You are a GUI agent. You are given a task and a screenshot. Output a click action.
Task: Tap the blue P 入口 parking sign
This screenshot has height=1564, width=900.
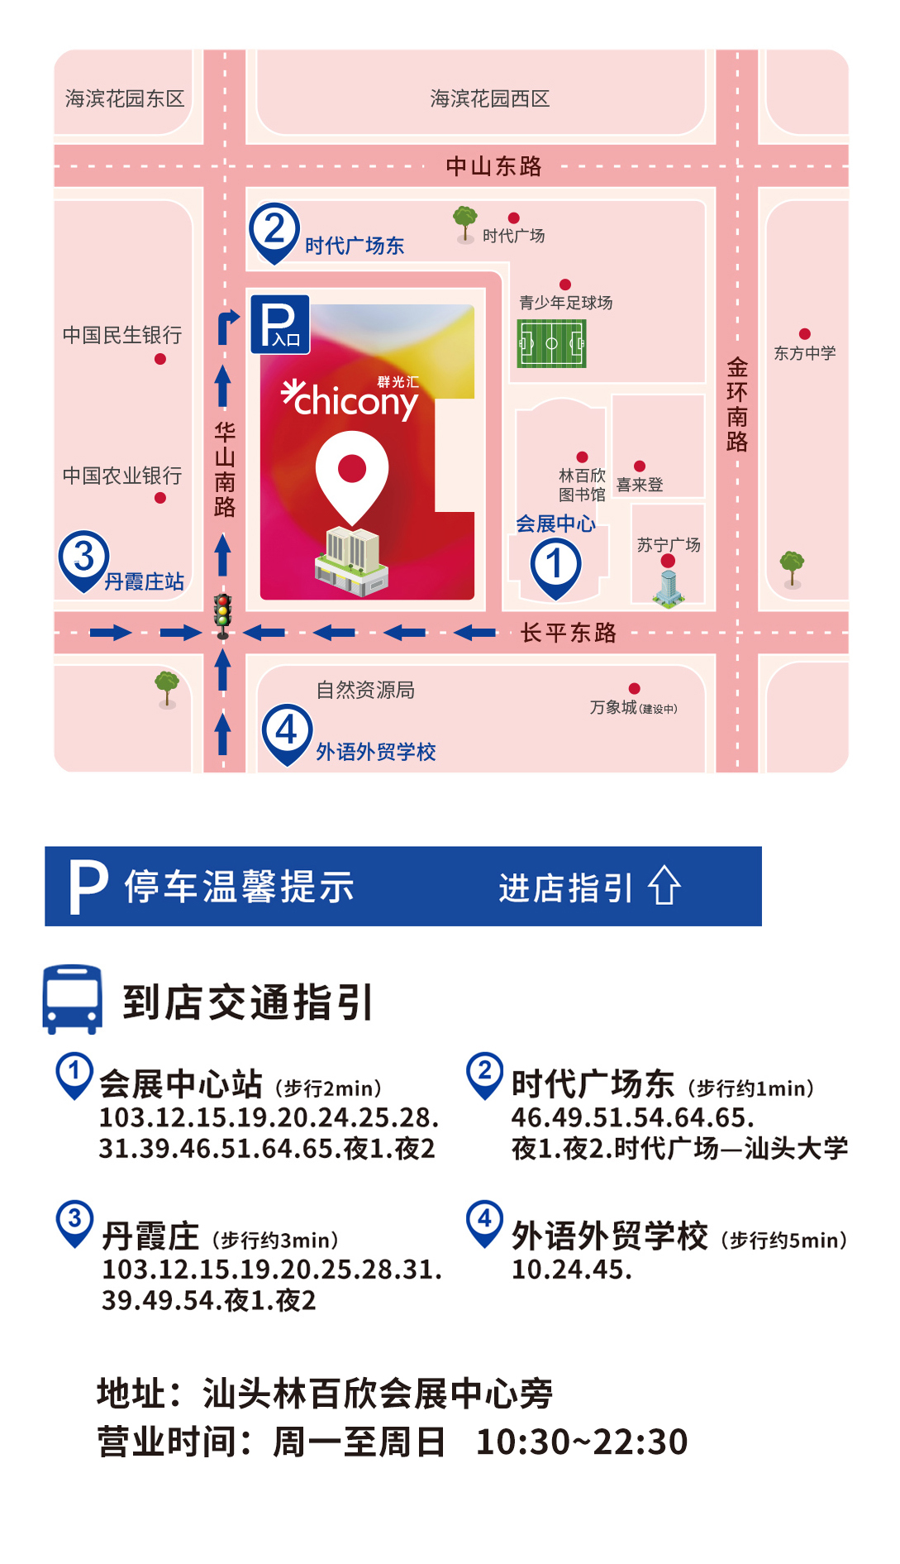click(280, 324)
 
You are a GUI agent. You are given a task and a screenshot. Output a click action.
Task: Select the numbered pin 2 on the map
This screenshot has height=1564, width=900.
click(274, 231)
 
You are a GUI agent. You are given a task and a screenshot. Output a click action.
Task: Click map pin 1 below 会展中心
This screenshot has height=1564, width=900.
click(555, 567)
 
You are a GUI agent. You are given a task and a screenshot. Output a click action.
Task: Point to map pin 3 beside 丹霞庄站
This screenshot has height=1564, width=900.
click(83, 559)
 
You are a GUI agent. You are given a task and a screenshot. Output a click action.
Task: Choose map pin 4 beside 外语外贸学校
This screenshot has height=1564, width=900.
click(287, 732)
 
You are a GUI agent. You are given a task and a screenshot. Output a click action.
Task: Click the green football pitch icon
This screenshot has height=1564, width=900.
click(551, 343)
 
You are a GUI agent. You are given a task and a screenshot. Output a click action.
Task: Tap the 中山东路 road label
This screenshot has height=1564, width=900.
click(493, 166)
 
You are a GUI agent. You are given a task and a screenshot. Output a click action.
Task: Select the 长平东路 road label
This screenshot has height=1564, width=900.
click(569, 633)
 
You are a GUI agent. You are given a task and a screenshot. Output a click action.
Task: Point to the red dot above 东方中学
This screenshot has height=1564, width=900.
click(805, 334)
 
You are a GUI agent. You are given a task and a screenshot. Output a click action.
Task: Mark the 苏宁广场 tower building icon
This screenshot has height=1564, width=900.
click(669, 586)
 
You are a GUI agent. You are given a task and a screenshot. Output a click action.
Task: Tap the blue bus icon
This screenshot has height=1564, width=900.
click(73, 998)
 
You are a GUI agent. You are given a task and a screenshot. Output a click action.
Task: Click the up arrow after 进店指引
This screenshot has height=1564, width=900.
click(664, 886)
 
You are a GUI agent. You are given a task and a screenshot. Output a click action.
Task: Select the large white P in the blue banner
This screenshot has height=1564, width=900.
click(88, 887)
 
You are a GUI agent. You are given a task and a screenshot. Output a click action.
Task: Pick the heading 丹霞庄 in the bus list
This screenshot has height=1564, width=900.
click(150, 1236)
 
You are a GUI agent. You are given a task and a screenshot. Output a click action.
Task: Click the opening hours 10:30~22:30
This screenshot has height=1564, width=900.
click(582, 1442)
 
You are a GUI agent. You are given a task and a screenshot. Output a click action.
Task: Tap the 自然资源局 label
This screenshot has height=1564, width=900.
click(365, 690)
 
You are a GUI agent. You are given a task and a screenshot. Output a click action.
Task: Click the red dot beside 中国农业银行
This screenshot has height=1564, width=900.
click(160, 498)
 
